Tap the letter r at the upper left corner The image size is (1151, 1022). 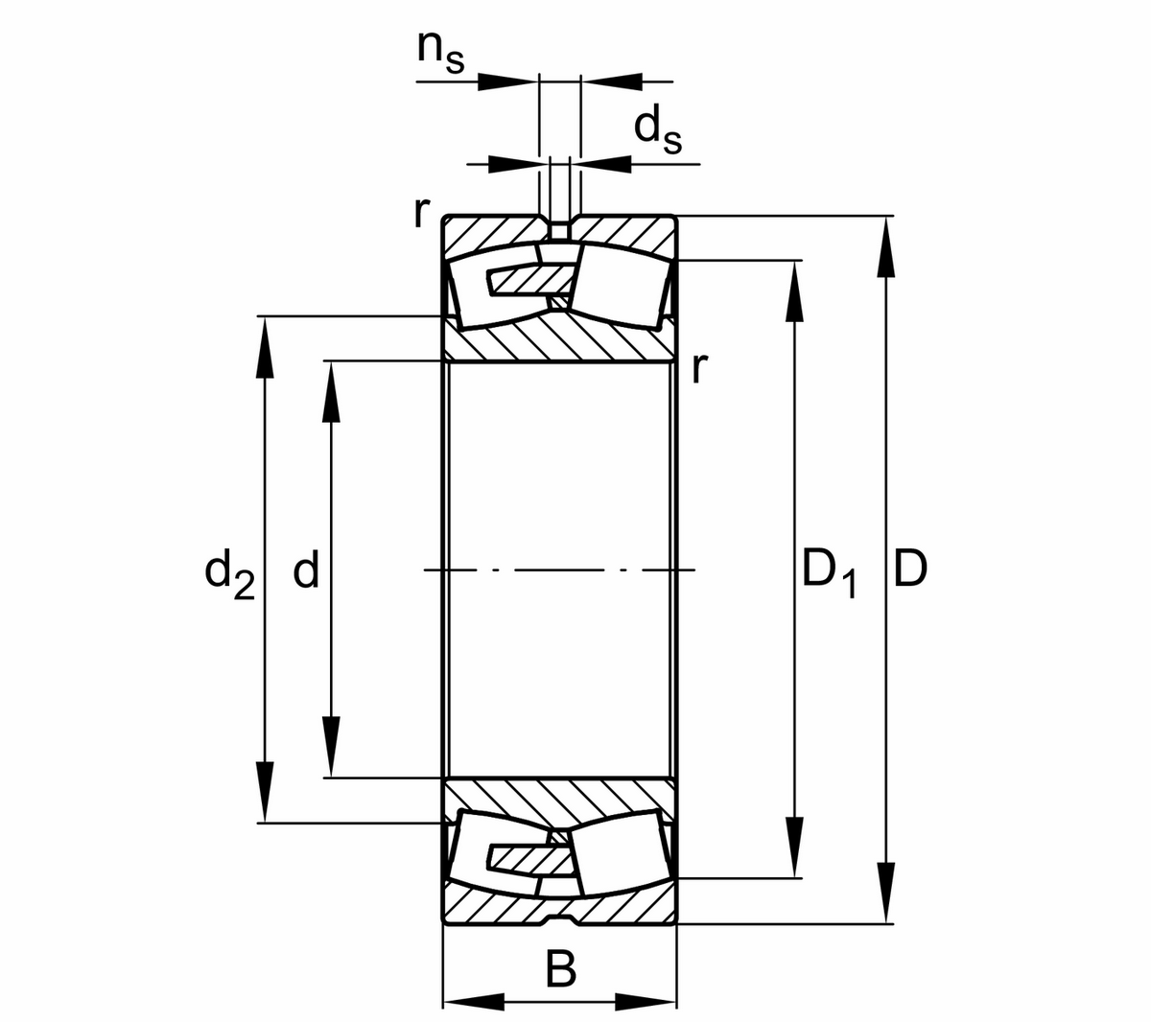pyautogui.click(x=418, y=213)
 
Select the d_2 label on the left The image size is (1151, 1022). pyautogui.click(x=230, y=572)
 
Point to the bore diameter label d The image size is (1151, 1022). pyautogui.click(x=305, y=571)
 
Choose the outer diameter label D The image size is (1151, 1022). pyautogui.click(x=910, y=569)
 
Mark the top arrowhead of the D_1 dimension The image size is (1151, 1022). pyautogui.click(x=794, y=290)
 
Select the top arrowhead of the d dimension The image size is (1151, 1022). pyautogui.click(x=331, y=391)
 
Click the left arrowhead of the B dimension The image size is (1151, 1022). pyautogui.click(x=475, y=1004)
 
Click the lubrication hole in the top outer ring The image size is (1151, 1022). pyautogui.click(x=559, y=230)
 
